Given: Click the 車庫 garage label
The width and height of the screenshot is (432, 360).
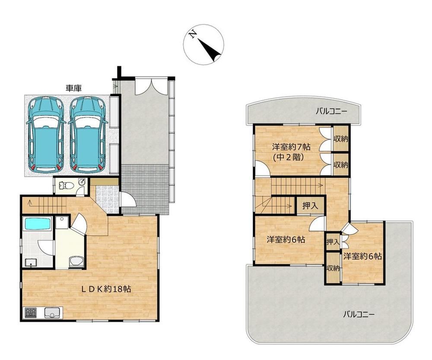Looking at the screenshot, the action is pyautogui.click(x=73, y=88).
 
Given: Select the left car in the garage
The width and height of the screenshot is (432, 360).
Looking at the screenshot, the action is pyautogui.click(x=45, y=134).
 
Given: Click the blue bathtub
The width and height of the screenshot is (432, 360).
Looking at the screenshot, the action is pyautogui.click(x=38, y=224).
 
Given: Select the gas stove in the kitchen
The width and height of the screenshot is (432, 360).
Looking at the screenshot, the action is pyautogui.click(x=31, y=312).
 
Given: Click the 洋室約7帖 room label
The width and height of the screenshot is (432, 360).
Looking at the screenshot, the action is pyautogui.click(x=291, y=147).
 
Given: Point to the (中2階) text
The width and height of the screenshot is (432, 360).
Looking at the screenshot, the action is pyautogui.click(x=289, y=157).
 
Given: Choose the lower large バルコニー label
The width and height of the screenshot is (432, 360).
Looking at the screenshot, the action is pyautogui.click(x=359, y=314).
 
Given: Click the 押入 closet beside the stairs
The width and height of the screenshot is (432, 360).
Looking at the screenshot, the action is pyautogui.click(x=310, y=206).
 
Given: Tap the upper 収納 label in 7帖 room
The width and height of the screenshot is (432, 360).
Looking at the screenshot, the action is pyautogui.click(x=341, y=139).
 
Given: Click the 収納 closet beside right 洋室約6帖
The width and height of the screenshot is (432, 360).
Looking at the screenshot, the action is pyautogui.click(x=333, y=268).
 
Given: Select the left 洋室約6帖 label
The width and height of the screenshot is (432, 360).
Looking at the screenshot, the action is pyautogui.click(x=286, y=239).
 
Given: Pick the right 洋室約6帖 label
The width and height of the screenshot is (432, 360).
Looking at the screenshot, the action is pyautogui.click(x=362, y=256).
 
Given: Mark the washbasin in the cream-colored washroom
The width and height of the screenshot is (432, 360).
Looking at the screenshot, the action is pyautogui.click(x=76, y=262).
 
